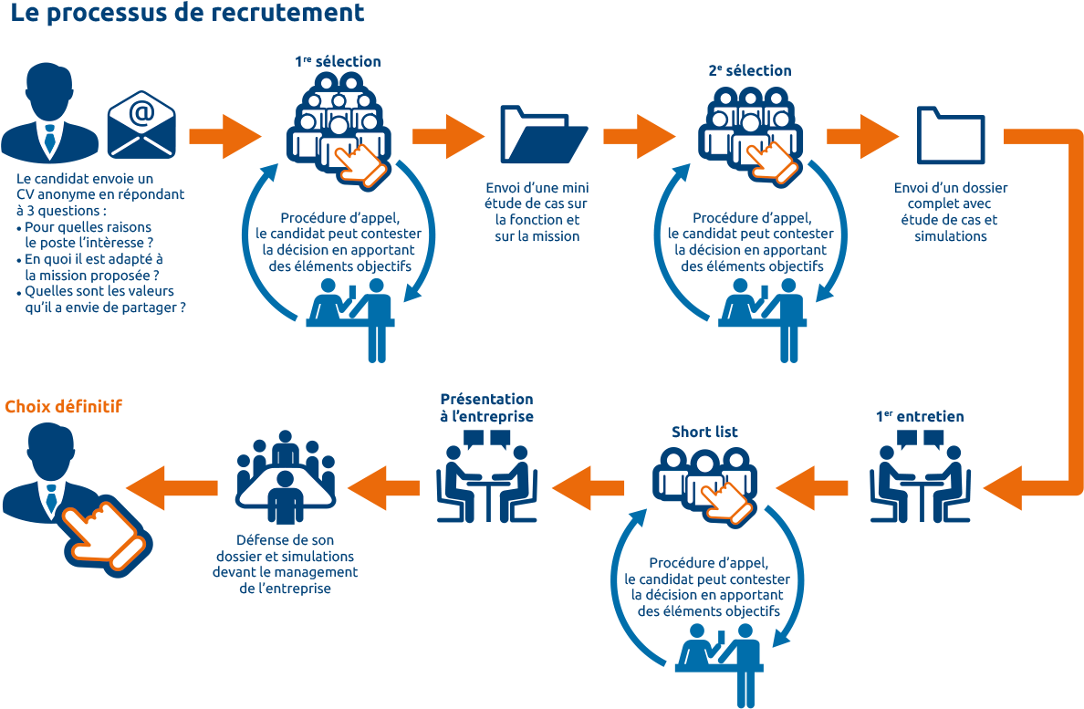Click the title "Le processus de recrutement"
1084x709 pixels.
click(x=187, y=14)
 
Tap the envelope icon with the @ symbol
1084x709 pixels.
click(x=141, y=122)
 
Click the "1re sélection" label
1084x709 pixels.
click(x=338, y=61)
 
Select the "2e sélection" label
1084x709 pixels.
click(x=749, y=70)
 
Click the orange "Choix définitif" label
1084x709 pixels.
click(x=63, y=406)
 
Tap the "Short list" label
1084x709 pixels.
click(x=705, y=432)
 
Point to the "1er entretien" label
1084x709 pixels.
click(x=919, y=416)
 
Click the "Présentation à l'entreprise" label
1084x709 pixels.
click(x=486, y=408)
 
